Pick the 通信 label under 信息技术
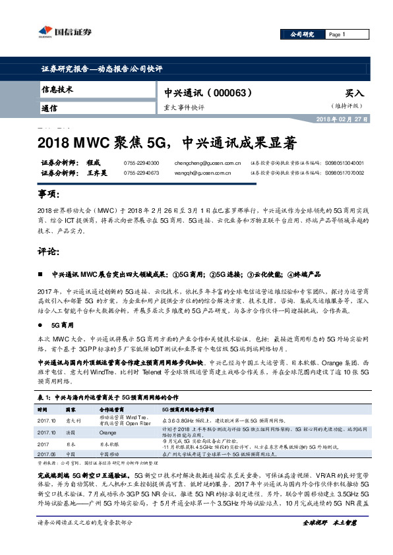point(49,108)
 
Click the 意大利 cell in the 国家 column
point(73,420)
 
